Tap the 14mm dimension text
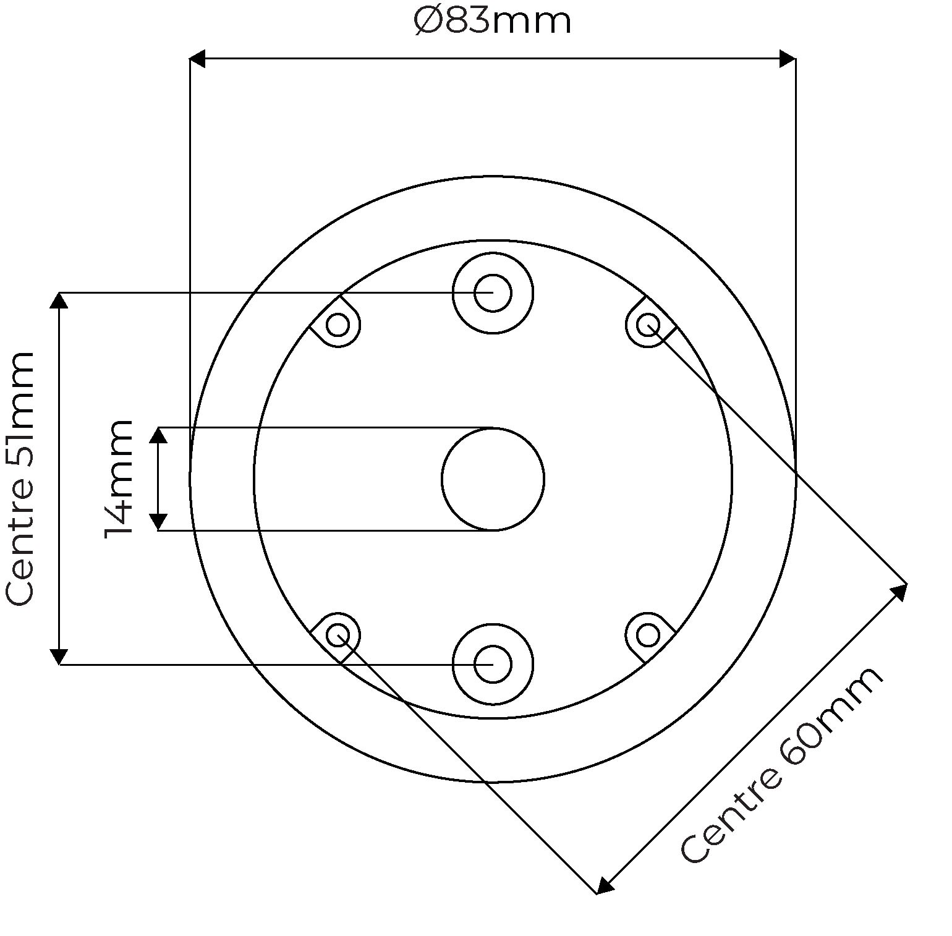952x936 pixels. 119,479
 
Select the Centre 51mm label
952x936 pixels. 20,479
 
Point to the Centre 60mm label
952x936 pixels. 782,765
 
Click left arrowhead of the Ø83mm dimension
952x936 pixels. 197,59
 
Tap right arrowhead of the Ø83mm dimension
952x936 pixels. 788,59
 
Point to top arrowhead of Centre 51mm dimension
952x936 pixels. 59,300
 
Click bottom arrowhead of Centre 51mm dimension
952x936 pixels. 59,656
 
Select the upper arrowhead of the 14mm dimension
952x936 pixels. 158,435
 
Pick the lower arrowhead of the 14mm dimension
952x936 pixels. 158,522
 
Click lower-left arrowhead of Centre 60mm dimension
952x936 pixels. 605,886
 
